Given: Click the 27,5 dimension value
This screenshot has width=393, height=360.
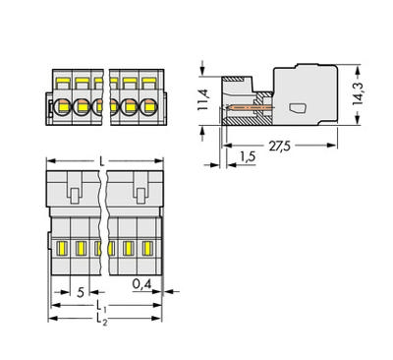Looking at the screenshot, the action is [x=279, y=146].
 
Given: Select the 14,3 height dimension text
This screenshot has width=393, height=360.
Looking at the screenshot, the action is [x=358, y=93].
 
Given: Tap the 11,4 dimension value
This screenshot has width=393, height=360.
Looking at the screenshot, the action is [x=203, y=99].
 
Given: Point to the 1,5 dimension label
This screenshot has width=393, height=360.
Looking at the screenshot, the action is [x=248, y=157].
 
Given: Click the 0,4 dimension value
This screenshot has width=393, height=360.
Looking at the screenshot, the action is [x=141, y=284].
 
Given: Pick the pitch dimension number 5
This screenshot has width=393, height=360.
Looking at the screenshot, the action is [x=81, y=292].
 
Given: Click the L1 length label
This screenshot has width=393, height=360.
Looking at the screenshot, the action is [x=101, y=306].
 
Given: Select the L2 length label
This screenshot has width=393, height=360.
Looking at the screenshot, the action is [x=102, y=320].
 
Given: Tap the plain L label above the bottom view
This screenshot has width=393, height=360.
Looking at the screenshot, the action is [x=102, y=161].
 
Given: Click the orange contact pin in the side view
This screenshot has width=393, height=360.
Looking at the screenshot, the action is [x=249, y=107].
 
